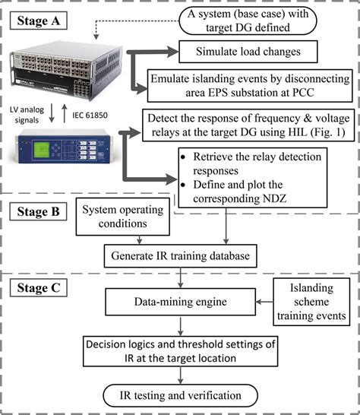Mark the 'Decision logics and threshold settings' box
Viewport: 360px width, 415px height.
pyautogui.click(x=178, y=350)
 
